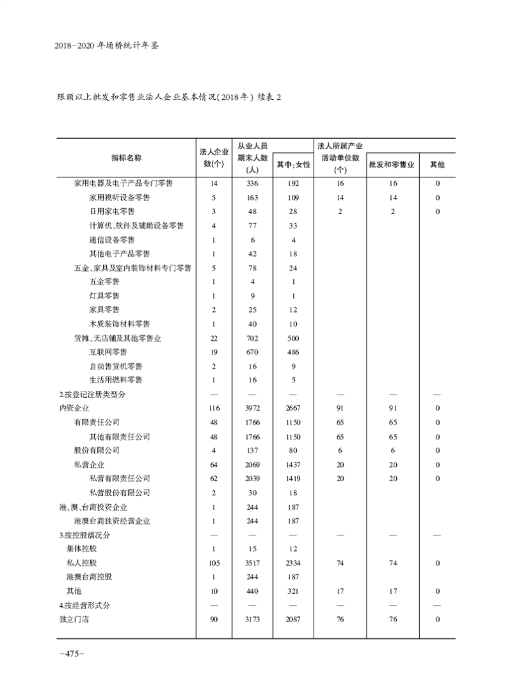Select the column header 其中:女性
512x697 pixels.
click(293, 165)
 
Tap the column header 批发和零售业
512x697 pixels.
click(392, 165)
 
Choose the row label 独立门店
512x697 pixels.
click(74, 619)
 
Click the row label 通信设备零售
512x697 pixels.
click(112, 240)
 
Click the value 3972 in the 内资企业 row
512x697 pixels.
click(252, 408)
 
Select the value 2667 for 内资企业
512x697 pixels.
click(293, 408)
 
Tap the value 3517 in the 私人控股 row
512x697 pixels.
click(252, 563)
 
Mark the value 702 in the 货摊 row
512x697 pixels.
click(252, 338)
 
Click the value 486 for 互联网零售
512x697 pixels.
click(293, 352)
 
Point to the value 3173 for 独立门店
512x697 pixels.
click(252, 619)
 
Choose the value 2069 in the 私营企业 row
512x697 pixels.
click(252, 464)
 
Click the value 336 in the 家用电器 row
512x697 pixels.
click(252, 183)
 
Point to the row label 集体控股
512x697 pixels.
click(81, 549)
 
